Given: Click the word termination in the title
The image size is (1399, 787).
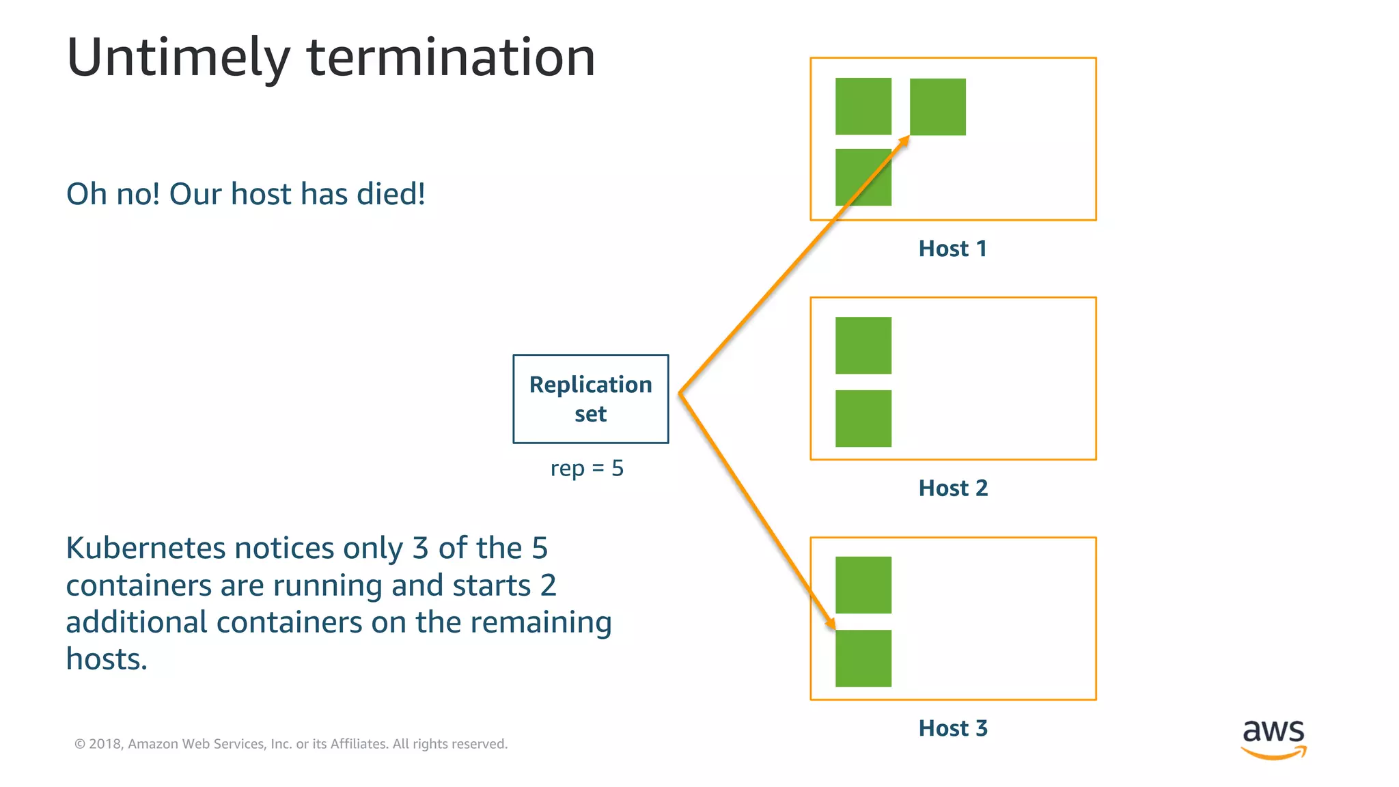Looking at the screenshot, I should (451, 57).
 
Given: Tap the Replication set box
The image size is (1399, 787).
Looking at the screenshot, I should (590, 399).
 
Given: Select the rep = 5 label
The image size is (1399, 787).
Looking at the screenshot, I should (587, 469).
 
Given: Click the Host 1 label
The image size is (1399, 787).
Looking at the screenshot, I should (952, 249).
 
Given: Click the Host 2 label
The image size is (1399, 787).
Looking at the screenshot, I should (952, 488).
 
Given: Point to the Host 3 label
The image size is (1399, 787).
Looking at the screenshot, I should (952, 728).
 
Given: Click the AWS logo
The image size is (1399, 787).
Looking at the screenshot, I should (1273, 738).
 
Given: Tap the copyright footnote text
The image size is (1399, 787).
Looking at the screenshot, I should (291, 744).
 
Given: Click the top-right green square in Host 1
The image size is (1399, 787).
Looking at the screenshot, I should (937, 107).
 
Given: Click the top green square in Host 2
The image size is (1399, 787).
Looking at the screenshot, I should (863, 346).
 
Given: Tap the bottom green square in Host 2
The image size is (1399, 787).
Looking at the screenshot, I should (863, 419).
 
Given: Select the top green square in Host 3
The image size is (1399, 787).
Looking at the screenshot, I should (863, 585).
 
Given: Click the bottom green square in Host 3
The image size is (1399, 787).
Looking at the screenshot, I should (863, 659).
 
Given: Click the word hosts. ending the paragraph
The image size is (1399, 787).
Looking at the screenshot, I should (107, 660).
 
